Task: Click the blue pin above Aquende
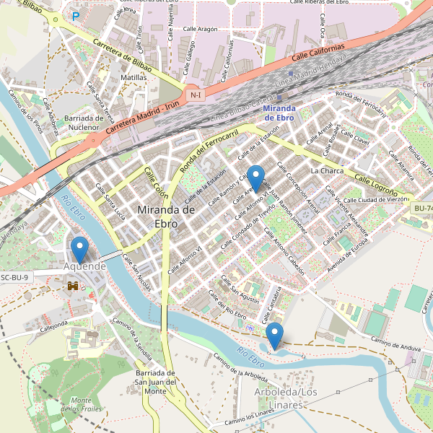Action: (x=79, y=249)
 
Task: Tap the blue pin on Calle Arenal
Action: (x=255, y=177)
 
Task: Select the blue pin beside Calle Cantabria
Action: (x=274, y=335)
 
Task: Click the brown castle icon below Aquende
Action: (x=73, y=286)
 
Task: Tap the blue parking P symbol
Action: (x=75, y=16)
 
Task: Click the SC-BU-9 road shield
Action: (x=14, y=277)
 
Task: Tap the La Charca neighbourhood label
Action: (x=327, y=171)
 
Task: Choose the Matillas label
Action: (x=134, y=76)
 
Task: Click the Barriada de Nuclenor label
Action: (x=84, y=123)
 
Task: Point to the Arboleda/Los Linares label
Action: (x=287, y=398)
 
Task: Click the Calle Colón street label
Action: (x=155, y=185)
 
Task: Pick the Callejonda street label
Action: (x=53, y=326)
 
